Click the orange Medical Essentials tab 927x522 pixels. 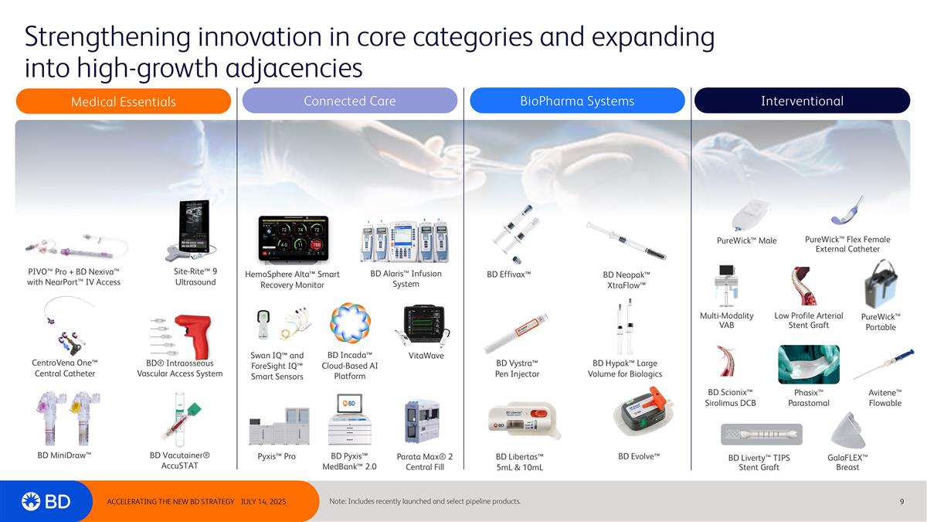pyautogui.click(x=124, y=101)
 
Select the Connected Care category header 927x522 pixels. pyautogui.click(x=349, y=101)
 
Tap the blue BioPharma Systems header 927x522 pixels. pyautogui.click(x=577, y=101)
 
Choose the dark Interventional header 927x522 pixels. pyautogui.click(x=802, y=101)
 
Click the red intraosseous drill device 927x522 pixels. pyautogui.click(x=190, y=336)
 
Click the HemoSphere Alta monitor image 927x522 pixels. pyautogui.click(x=292, y=238)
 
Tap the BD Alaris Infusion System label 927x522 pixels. pyautogui.click(x=406, y=278)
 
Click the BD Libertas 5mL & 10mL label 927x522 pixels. pyautogui.click(x=519, y=462)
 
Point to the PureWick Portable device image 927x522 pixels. pyautogui.click(x=880, y=284)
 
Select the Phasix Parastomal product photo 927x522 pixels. pyautogui.click(x=808, y=364)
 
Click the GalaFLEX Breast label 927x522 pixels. pyautogui.click(x=847, y=462)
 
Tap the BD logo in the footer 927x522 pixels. pyautogui.click(x=46, y=501)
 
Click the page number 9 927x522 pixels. pyautogui.click(x=902, y=501)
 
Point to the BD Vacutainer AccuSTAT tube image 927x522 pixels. pyautogui.click(x=181, y=421)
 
